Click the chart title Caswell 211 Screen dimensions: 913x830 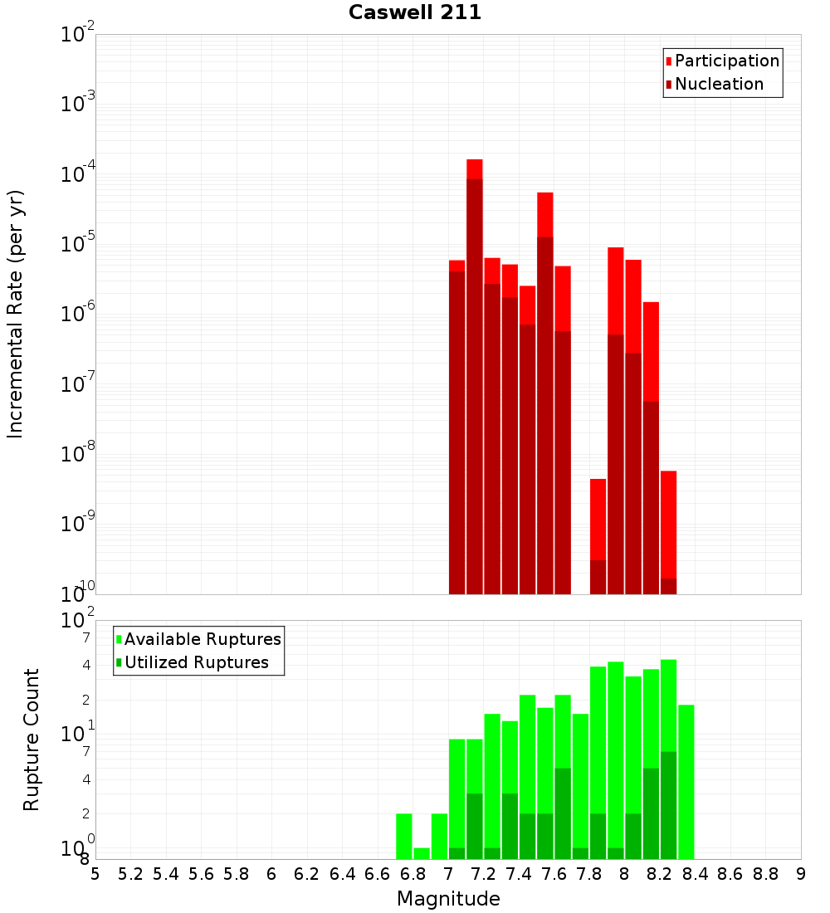click(x=414, y=12)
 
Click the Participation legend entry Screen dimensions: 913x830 click(x=726, y=61)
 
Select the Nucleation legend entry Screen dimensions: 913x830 click(x=719, y=84)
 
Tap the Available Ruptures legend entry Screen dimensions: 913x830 click(x=203, y=639)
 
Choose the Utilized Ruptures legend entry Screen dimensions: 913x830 click(x=196, y=662)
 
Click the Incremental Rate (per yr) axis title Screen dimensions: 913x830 click(x=16, y=314)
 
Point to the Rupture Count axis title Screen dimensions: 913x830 click(x=32, y=740)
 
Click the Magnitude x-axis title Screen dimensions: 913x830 click(x=448, y=899)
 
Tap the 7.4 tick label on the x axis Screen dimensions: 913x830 click(x=519, y=874)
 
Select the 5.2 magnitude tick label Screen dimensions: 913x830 click(x=131, y=874)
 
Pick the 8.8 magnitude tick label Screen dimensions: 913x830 click(x=765, y=874)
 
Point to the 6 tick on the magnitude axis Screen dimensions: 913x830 click(x=271, y=874)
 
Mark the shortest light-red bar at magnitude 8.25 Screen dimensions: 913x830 click(x=669, y=523)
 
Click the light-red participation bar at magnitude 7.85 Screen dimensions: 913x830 click(x=598, y=519)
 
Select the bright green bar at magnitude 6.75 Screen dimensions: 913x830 click(x=404, y=836)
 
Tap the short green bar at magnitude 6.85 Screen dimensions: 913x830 click(x=422, y=853)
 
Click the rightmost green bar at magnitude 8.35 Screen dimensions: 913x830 click(x=686, y=780)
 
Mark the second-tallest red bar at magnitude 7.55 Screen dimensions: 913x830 click(x=545, y=214)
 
